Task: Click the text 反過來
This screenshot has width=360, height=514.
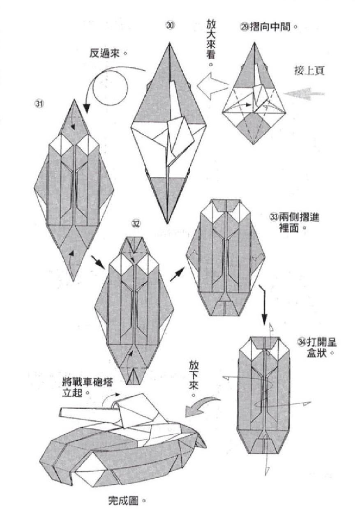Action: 108,53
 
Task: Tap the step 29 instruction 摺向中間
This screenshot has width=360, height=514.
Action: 268,28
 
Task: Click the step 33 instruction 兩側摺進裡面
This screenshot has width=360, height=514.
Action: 293,222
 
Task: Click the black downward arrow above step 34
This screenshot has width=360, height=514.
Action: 264,304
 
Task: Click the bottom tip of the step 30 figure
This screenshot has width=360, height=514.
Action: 167,222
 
